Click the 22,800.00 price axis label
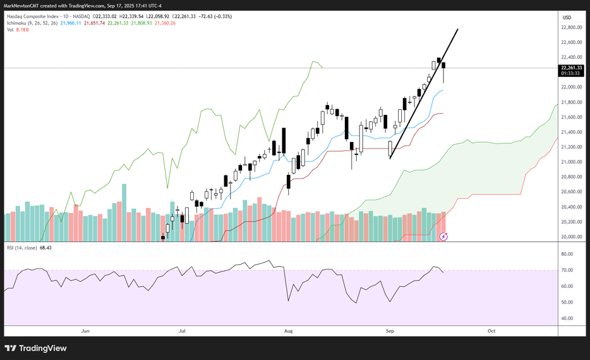click(572, 28)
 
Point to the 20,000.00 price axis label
click(572, 237)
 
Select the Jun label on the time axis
click(85, 330)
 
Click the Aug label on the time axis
click(289, 330)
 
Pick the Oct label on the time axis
click(491, 330)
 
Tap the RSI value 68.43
click(44, 248)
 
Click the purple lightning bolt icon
click(443, 236)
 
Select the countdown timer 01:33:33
click(571, 73)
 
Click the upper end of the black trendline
click(457, 29)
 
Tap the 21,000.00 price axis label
click(572, 162)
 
